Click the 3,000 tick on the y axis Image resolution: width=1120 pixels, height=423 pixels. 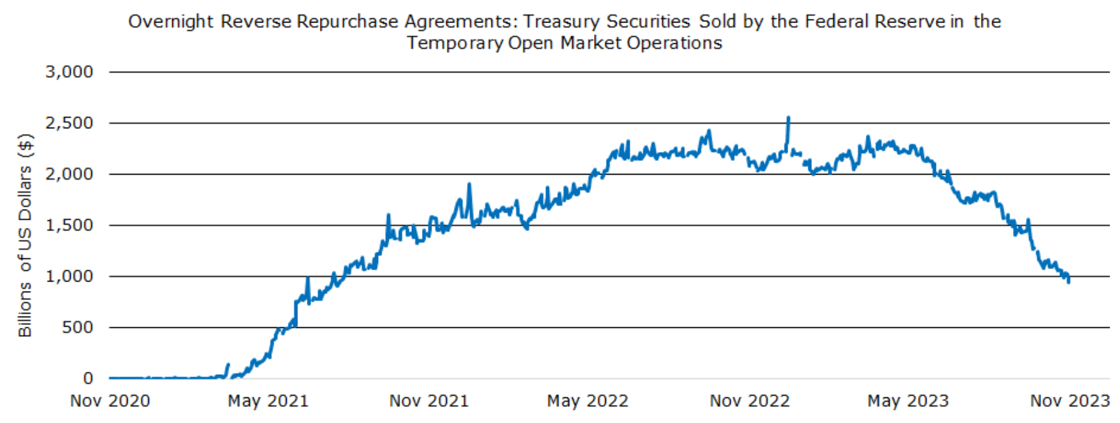click(69, 72)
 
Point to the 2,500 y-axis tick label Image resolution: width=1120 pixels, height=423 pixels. click(69, 123)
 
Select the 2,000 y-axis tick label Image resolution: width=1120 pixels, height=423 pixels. click(69, 174)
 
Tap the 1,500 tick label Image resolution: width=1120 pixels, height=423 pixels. click(69, 225)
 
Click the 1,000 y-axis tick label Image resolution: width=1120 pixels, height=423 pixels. click(69, 277)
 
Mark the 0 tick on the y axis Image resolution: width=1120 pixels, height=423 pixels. click(88, 379)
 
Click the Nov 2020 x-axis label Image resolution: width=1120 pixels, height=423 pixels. click(110, 401)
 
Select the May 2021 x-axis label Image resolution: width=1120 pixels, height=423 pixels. click(268, 401)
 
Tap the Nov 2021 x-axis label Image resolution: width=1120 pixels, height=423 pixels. click(429, 401)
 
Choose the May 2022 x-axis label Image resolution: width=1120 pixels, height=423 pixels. click(587, 401)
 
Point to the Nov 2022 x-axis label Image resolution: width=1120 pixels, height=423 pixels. click(749, 401)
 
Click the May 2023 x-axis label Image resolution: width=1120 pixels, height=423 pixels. click(908, 401)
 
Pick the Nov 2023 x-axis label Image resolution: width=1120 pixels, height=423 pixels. click(1069, 401)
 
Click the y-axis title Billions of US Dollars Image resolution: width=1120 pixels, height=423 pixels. click(25, 235)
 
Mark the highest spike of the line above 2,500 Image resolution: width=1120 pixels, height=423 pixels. click(788, 118)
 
